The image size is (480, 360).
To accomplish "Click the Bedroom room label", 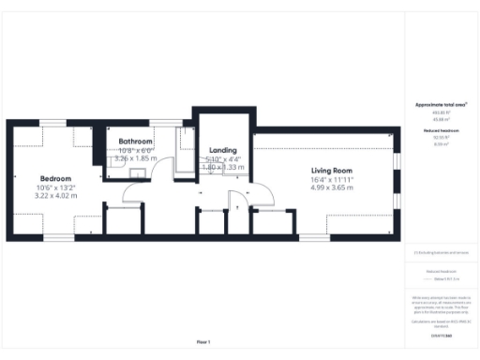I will [54, 178].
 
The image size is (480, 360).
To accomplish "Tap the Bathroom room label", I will [135, 142].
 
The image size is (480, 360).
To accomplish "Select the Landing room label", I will [222, 150].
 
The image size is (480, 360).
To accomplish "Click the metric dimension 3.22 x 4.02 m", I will [54, 196].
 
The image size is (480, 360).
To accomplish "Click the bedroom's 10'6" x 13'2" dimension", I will [54, 187].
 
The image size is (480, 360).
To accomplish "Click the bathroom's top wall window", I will [167, 122].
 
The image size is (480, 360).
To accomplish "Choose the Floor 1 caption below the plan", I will [203, 342].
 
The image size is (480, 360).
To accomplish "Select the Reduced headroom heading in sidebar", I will [440, 131].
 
